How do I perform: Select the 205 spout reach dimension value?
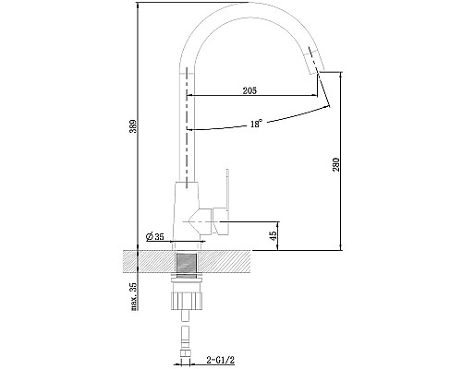[250, 89]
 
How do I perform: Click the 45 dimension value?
[274, 235]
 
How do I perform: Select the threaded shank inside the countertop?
[188, 261]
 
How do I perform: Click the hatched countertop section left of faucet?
[148, 261]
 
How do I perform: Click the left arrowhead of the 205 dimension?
[191, 95]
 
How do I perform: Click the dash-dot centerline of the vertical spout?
[188, 138]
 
